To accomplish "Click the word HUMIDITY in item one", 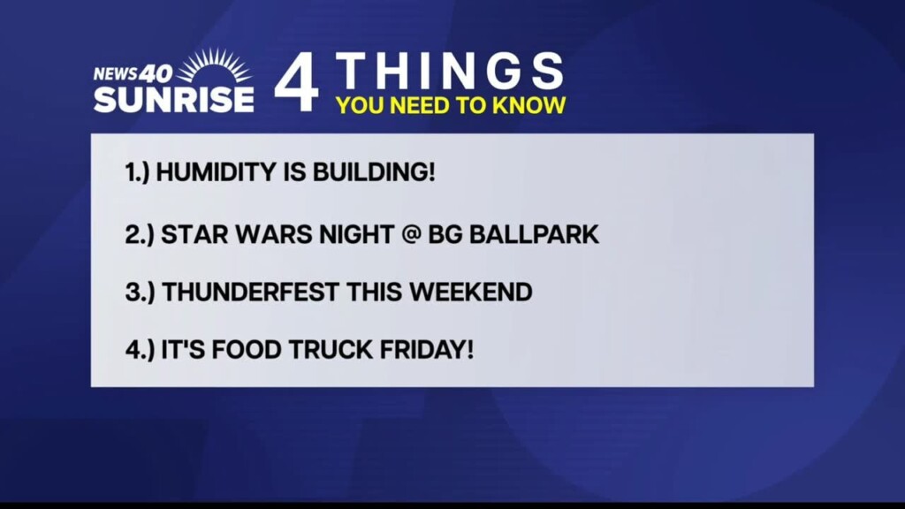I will [x=204, y=171].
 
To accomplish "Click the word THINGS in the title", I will [x=451, y=71].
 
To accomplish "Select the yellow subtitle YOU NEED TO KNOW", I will [x=451, y=106].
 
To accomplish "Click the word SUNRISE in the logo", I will [x=174, y=99].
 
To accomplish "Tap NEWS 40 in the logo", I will [x=133, y=73].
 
